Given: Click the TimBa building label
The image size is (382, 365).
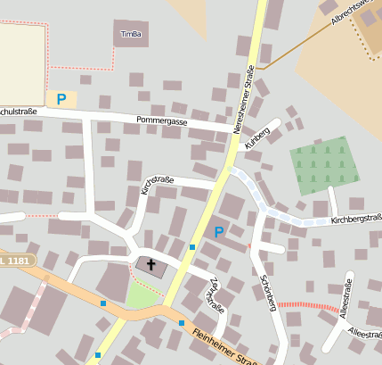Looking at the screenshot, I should coord(129,35).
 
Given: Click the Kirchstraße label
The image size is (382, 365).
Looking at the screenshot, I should coord(158,185).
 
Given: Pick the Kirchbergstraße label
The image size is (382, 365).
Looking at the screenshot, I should coord(355,218).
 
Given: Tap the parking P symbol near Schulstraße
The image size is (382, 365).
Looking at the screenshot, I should coord(61,99).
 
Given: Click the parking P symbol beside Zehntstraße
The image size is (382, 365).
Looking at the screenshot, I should coord(219,232).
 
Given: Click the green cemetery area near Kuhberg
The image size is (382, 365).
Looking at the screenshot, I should coord(324,165).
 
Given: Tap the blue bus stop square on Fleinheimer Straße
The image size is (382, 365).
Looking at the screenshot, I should coord(182,323).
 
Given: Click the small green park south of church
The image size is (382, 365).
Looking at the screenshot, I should coord(140,294).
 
